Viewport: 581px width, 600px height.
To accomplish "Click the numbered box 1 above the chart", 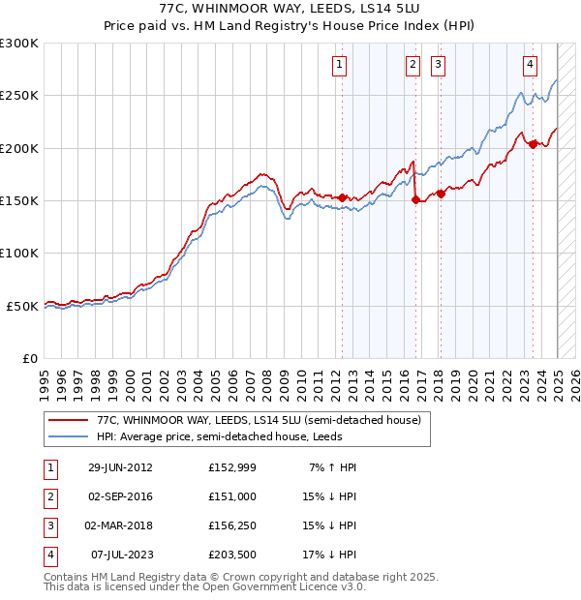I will (341, 65).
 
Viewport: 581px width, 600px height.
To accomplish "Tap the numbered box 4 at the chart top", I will (531, 65).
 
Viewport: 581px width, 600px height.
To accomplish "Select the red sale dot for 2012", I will (342, 197).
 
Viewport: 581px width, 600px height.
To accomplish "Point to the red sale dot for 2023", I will (532, 144).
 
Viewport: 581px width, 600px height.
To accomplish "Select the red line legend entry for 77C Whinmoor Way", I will (258, 420).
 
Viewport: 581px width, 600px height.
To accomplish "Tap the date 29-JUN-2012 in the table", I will (120, 467).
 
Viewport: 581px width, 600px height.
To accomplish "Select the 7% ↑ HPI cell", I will (333, 467).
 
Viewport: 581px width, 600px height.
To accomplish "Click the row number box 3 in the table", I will (48, 525).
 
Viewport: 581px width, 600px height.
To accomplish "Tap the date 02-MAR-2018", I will (120, 525).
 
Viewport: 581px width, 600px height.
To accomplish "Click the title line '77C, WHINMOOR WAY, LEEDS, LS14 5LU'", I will (290, 8).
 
